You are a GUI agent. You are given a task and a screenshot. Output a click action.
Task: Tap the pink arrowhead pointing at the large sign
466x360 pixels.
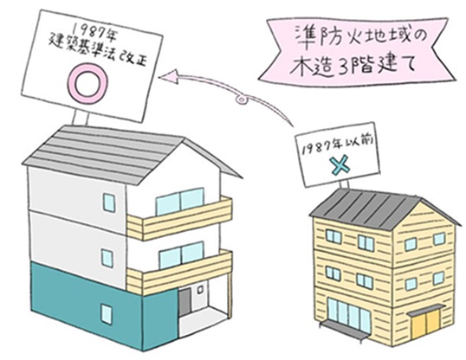[168, 76]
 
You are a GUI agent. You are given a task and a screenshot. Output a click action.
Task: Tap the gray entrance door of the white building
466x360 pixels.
[185, 303]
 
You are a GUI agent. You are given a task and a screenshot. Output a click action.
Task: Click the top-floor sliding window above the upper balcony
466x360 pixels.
[179, 201]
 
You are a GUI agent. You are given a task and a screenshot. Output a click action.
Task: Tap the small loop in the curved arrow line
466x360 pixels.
[241, 100]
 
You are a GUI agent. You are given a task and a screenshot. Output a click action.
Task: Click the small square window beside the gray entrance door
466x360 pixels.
[201, 289]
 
